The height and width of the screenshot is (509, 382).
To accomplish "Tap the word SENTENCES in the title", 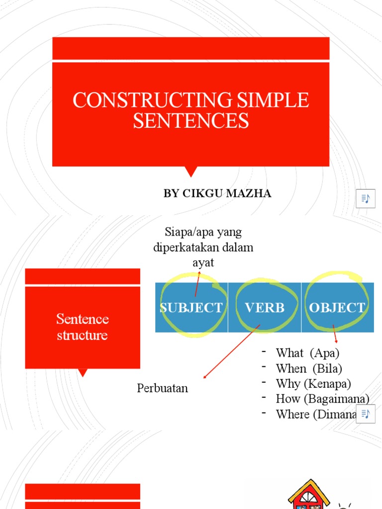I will tap(191, 121).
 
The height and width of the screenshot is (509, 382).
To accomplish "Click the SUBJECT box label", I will tap(191, 308).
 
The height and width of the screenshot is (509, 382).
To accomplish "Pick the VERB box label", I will tap(265, 308).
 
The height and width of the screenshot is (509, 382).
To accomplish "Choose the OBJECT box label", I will tap(337, 308).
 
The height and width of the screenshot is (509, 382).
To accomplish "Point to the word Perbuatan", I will tap(163, 388).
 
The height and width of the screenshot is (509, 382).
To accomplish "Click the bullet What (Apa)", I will tap(307, 353).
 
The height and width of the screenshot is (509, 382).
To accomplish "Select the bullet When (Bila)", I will tap(309, 368).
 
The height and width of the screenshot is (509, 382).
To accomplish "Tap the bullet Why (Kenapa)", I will tap(313, 384).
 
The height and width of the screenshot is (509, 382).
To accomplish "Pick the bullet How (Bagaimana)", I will tap(322, 399).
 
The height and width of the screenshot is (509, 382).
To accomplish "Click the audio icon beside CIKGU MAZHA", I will tap(366, 199).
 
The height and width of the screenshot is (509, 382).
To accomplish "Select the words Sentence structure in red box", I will tap(82, 327).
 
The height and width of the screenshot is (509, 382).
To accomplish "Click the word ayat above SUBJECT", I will tap(203, 262).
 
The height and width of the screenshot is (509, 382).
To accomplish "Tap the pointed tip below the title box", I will tap(191, 172).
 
